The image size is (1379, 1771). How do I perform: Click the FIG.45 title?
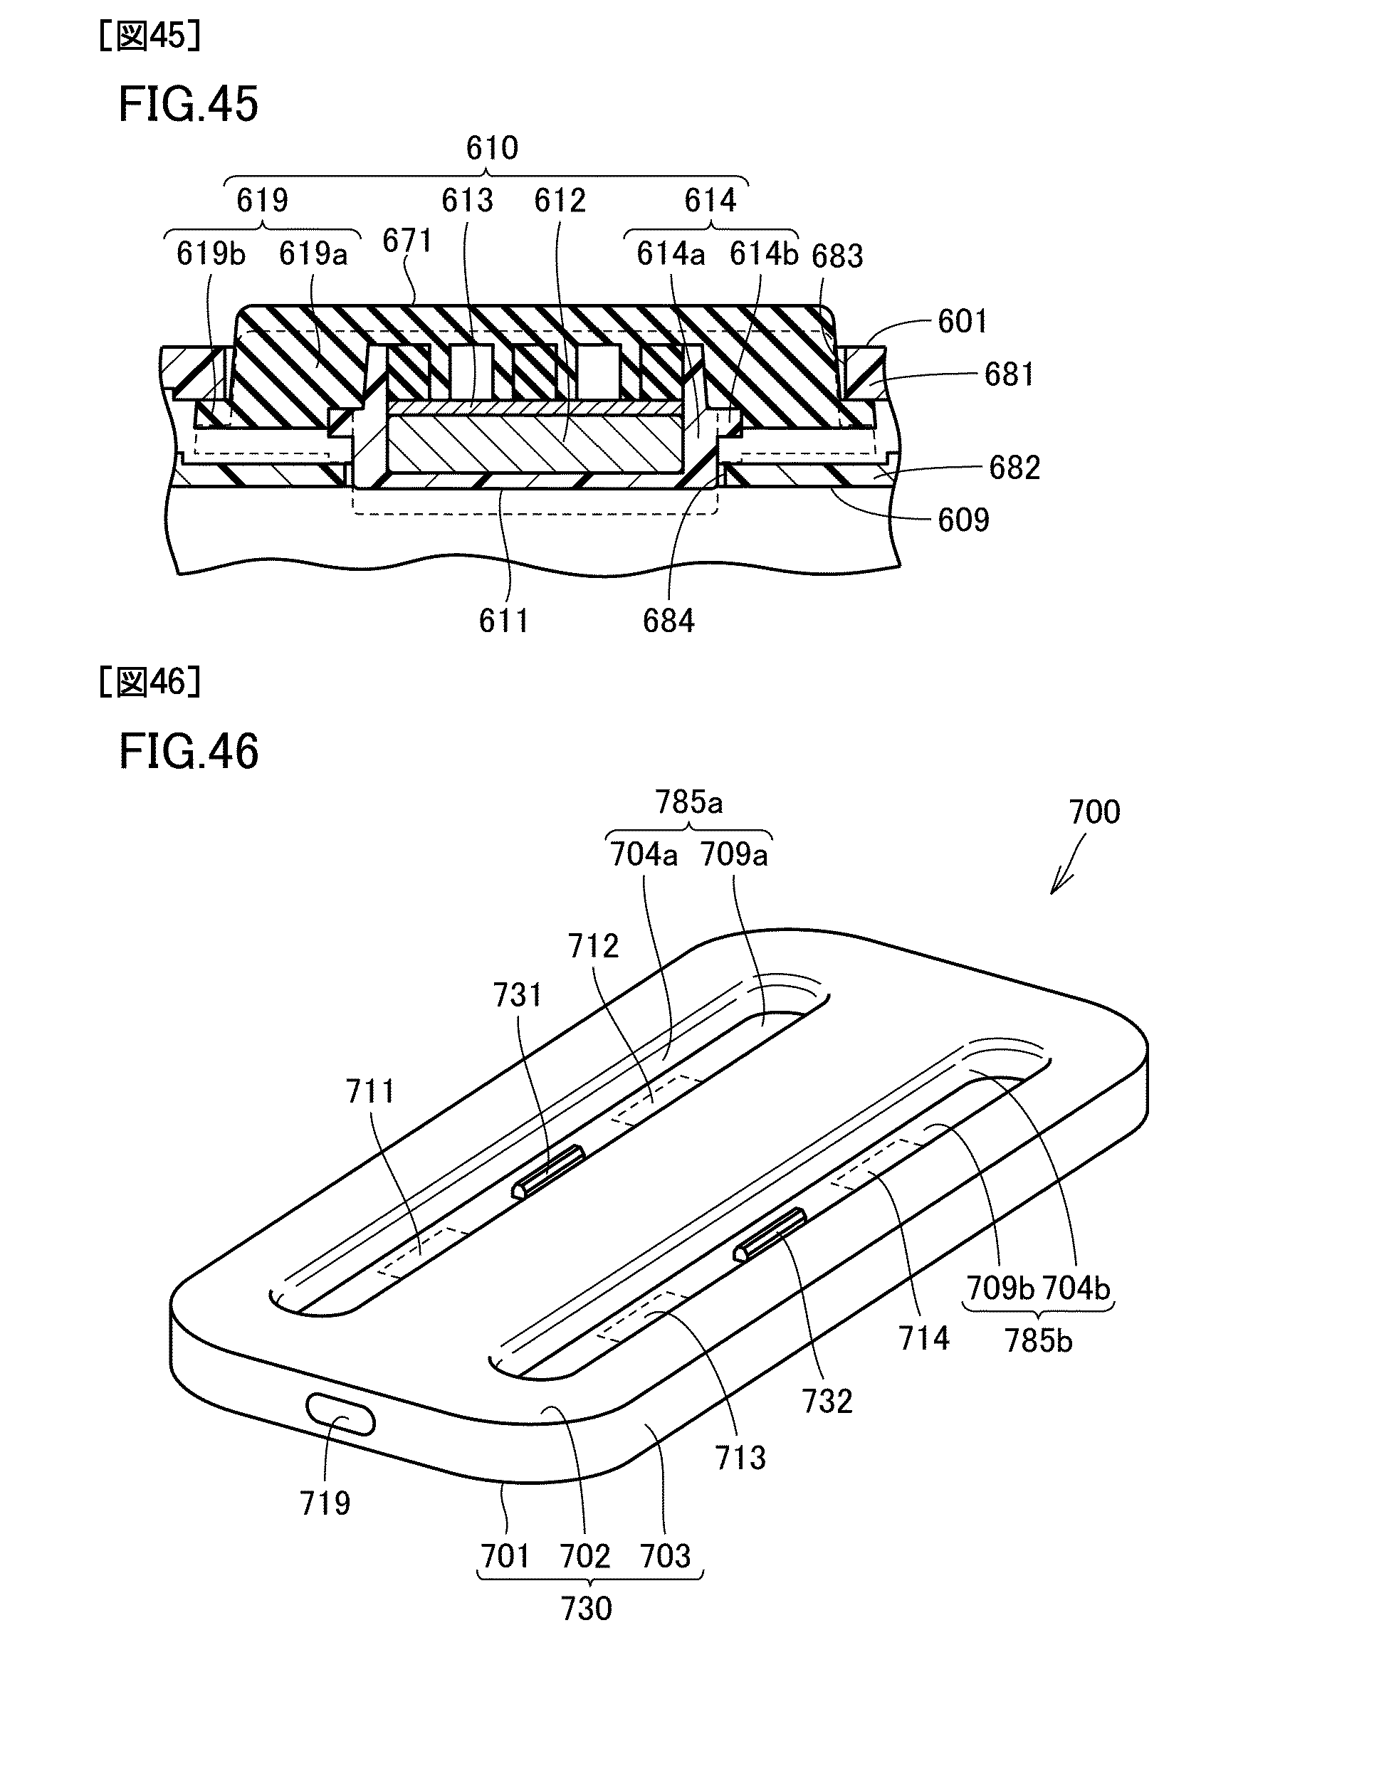(188, 105)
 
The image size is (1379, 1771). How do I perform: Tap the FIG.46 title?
(188, 751)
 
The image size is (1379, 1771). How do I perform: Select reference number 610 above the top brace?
(491, 148)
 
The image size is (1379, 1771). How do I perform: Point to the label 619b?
(210, 254)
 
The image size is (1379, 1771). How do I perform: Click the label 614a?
(670, 254)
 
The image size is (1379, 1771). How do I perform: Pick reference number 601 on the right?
(962, 322)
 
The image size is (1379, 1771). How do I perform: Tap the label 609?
(963, 520)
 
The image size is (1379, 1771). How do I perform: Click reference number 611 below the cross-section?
(504, 621)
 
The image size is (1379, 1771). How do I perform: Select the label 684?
(668, 621)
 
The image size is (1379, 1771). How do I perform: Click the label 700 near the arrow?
(1094, 811)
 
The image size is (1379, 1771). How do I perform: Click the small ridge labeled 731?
(547, 1172)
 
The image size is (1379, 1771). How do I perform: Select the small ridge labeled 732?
(769, 1234)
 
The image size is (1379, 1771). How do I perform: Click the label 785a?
(689, 802)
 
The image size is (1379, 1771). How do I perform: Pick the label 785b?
(1038, 1340)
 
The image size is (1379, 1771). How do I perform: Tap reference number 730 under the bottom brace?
(586, 1608)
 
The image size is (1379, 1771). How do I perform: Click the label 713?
(740, 1458)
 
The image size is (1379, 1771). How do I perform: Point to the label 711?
(371, 1091)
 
